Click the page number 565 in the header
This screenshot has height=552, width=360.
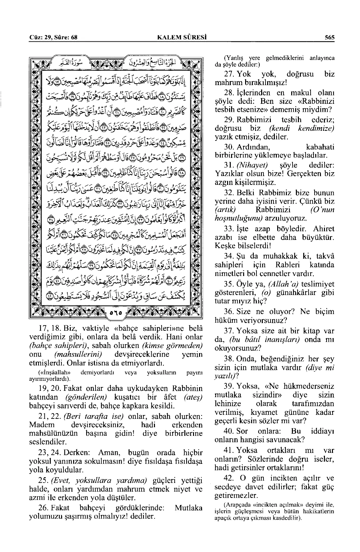point(329,38)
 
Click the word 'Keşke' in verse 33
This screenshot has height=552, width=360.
point(224,246)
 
